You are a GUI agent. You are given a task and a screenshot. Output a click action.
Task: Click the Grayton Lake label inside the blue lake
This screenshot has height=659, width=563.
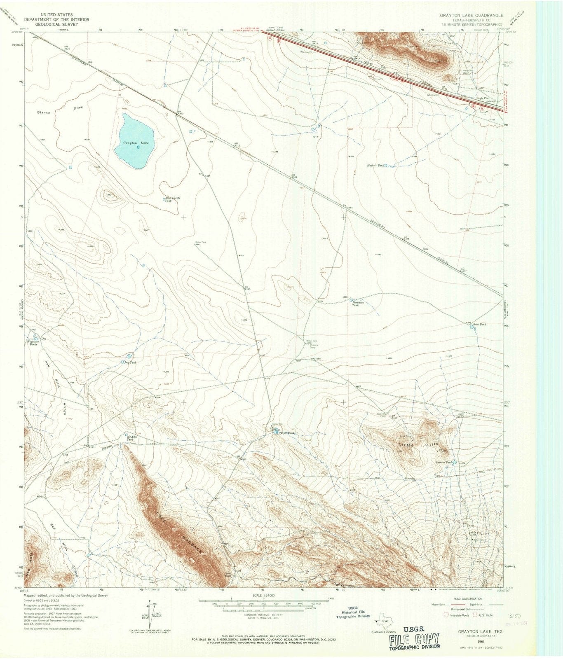click(x=133, y=143)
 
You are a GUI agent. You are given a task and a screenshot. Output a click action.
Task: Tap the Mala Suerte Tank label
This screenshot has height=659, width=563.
click(x=173, y=199)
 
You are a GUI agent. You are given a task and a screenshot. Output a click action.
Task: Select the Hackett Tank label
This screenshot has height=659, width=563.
click(x=375, y=166)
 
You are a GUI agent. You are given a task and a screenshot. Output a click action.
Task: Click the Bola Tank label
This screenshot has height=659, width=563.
click(x=480, y=325)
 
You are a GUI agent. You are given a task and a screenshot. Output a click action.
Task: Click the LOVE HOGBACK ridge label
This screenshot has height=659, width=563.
click(x=178, y=532)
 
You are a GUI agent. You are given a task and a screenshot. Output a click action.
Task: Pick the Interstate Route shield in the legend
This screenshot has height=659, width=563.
click(x=445, y=615)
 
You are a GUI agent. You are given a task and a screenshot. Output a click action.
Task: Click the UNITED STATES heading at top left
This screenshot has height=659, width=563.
click(x=48, y=15)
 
